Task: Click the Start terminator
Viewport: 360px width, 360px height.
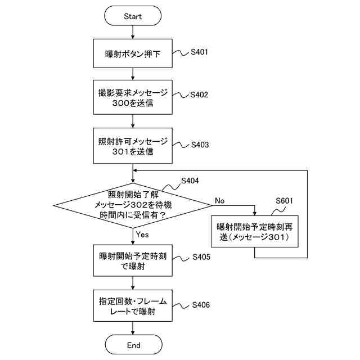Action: [133, 16]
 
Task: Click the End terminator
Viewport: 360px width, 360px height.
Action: [134, 344]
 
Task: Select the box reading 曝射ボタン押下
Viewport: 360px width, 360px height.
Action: [133, 53]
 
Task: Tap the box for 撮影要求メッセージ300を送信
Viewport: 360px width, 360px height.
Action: [133, 97]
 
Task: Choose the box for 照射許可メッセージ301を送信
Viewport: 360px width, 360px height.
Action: [133, 146]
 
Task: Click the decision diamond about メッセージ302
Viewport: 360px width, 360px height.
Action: [133, 205]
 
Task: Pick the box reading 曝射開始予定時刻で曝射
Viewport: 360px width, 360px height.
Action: [133, 260]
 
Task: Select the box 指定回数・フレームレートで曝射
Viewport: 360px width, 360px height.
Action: [133, 305]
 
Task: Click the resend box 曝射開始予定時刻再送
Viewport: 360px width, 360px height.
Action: [255, 231]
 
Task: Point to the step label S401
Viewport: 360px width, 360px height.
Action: [199, 52]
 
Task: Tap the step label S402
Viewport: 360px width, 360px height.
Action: [199, 94]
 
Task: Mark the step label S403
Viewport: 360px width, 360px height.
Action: [200, 145]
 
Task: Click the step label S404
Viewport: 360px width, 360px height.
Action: [190, 181]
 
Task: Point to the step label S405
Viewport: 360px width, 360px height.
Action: [201, 257]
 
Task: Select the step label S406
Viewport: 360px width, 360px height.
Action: [201, 305]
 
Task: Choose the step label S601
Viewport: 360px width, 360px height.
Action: [285, 201]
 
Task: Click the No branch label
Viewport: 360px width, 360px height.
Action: [220, 201]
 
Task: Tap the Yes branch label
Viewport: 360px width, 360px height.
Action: [142, 235]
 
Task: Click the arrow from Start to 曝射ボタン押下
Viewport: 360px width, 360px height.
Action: [133, 32]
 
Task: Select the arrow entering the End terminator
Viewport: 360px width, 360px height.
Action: [133, 328]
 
